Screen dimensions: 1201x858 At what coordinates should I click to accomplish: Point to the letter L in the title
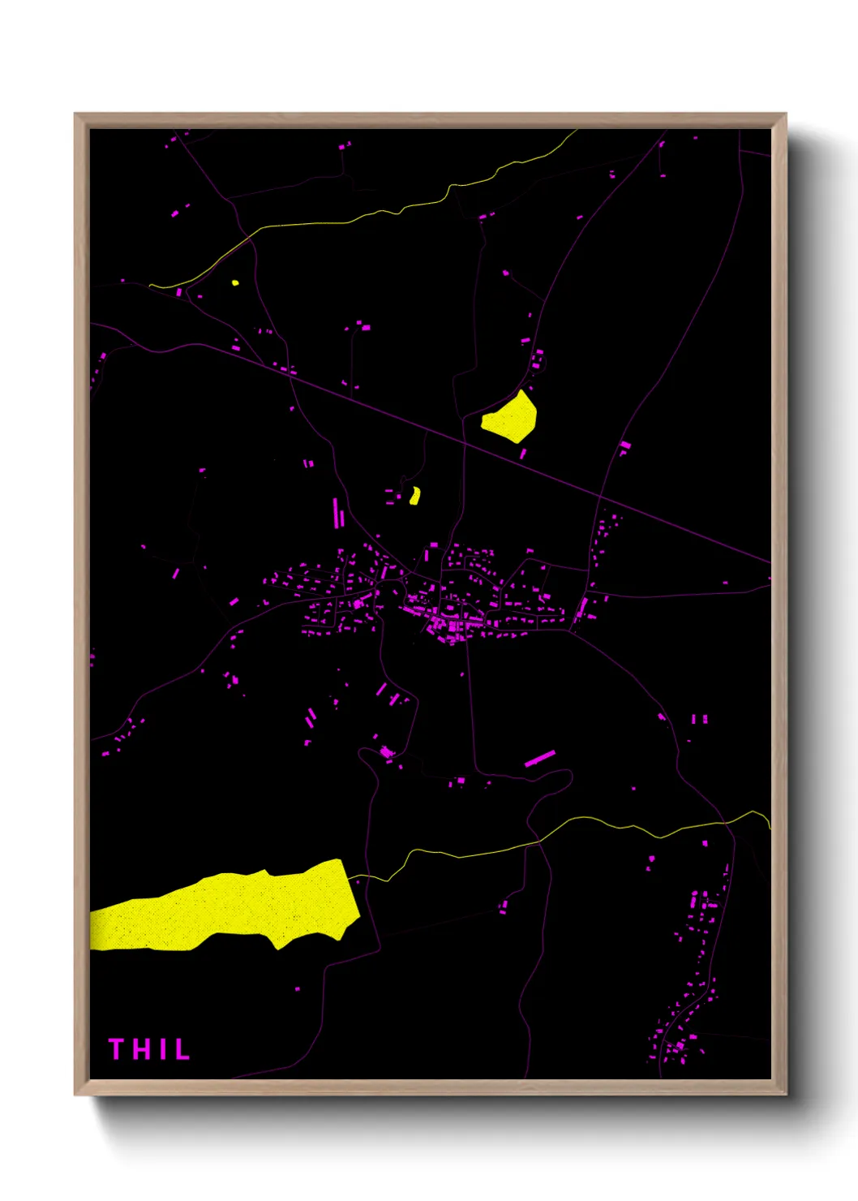[x=181, y=1049]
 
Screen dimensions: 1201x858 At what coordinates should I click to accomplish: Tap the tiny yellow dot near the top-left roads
[x=235, y=283]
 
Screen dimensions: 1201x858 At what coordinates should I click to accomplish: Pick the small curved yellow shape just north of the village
[x=415, y=496]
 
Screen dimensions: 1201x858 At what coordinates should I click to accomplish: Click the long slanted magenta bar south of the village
[x=539, y=758]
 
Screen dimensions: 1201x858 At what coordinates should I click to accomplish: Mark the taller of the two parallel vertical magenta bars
[x=336, y=513]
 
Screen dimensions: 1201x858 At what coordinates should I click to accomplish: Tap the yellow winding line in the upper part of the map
[x=365, y=216]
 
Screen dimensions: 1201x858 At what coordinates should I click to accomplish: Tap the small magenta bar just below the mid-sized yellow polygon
[x=523, y=454]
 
